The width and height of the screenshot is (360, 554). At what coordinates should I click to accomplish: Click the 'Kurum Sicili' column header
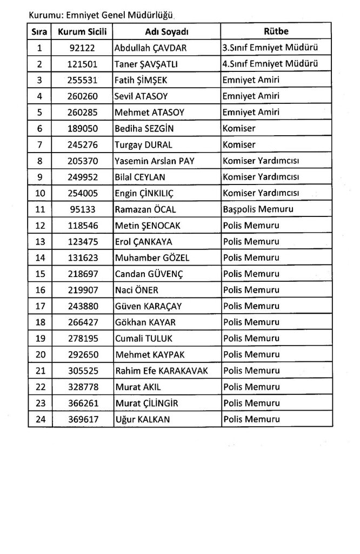[x=83, y=31]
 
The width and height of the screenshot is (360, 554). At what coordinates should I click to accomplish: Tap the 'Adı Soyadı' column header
[x=166, y=31]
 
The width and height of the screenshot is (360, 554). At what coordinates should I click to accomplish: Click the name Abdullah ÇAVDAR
[x=150, y=48]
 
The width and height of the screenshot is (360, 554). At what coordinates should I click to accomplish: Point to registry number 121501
[x=83, y=64]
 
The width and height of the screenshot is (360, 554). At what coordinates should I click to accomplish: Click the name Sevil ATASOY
[x=141, y=96]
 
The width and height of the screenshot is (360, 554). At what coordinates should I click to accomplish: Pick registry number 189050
[x=83, y=129]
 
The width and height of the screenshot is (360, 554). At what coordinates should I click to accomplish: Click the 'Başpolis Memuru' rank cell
[x=258, y=209]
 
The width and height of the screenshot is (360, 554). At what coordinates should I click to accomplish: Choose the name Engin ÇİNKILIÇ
[x=144, y=193]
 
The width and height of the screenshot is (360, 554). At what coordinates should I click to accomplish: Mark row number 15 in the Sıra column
[x=39, y=274]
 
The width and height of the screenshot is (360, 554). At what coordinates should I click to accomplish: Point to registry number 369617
[x=83, y=419]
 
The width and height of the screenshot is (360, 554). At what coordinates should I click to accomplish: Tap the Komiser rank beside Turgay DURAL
[x=239, y=145]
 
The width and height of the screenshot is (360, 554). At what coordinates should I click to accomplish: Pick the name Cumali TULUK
[x=142, y=339]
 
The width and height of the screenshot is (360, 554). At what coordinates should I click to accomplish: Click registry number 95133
[x=83, y=209]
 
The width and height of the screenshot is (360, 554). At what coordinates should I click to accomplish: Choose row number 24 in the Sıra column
[x=39, y=419]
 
